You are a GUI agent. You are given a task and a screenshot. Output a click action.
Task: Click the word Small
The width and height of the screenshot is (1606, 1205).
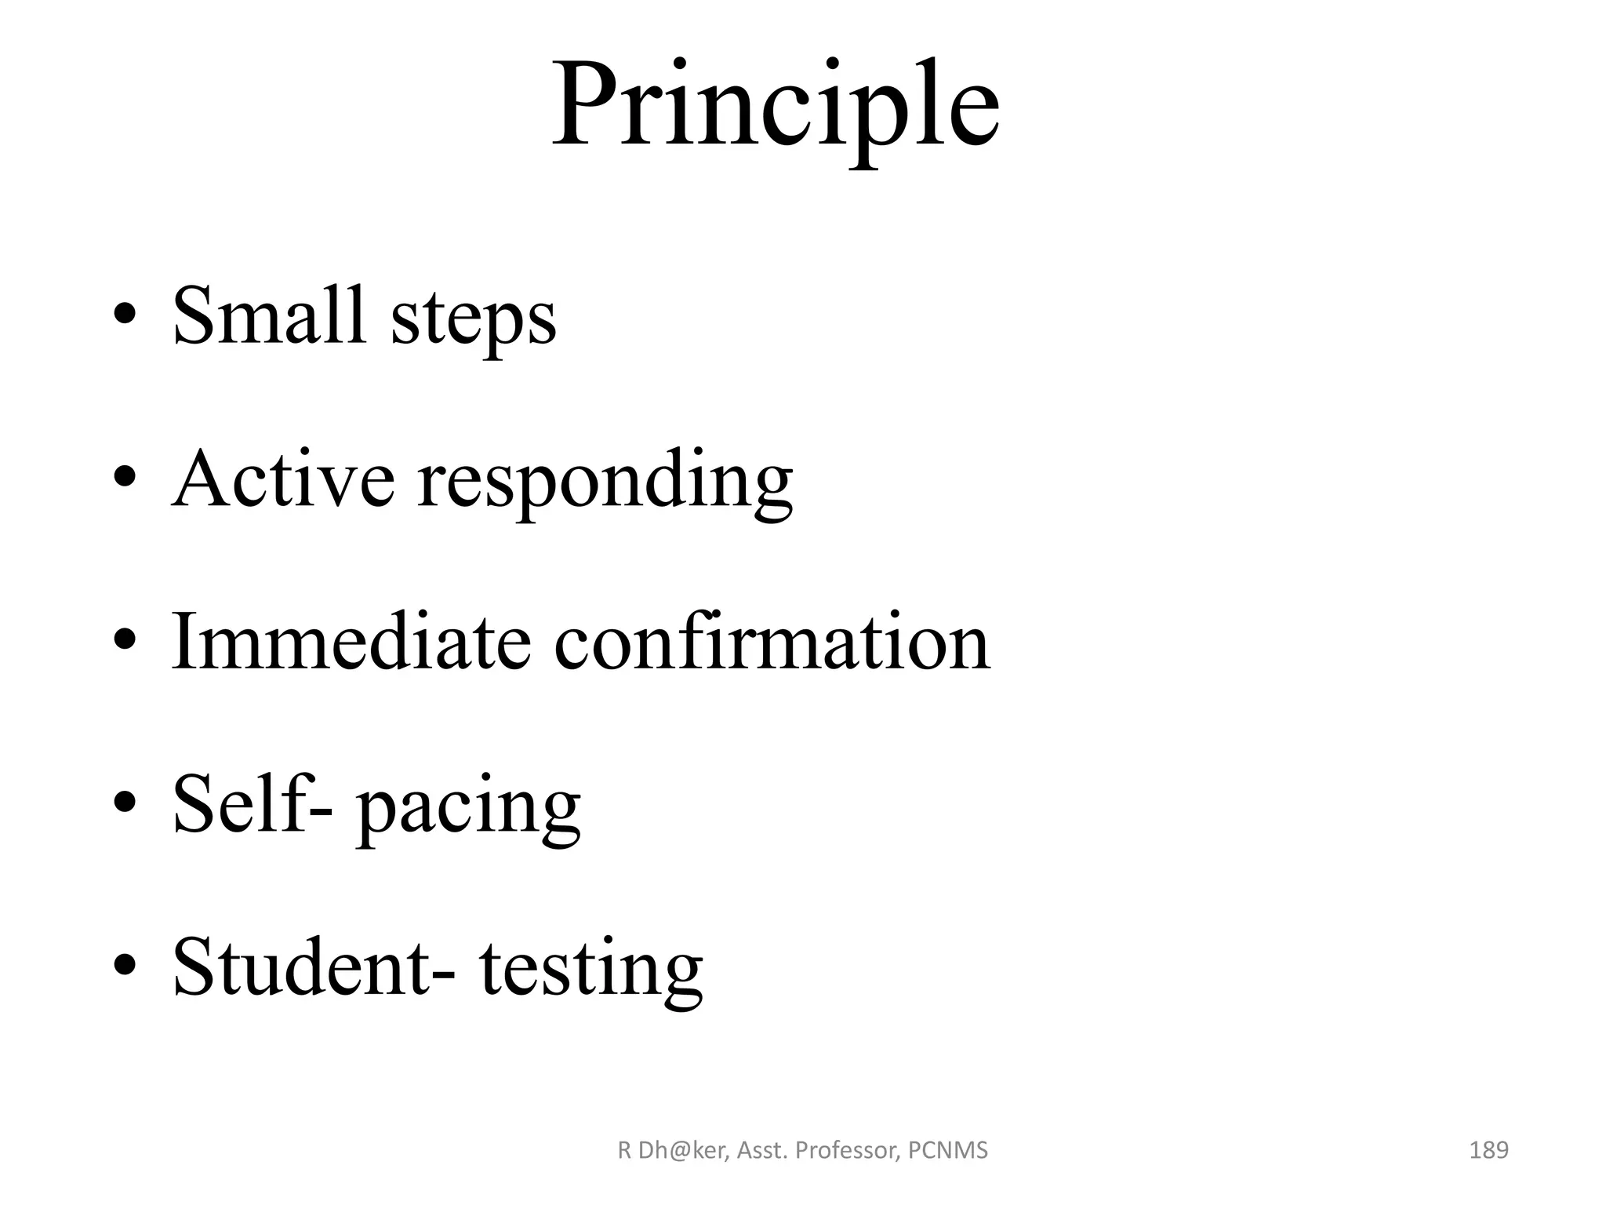pyautogui.click(x=269, y=315)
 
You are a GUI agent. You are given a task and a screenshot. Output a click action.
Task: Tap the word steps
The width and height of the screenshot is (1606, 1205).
pyautogui.click(x=474, y=319)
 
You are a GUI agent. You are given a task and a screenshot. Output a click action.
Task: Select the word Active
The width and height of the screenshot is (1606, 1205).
pyautogui.click(x=283, y=479)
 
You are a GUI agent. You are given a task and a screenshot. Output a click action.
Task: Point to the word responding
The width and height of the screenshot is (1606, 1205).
pyautogui.click(x=605, y=482)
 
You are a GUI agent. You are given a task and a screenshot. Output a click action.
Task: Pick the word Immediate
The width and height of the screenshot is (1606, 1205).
pyautogui.click(x=351, y=642)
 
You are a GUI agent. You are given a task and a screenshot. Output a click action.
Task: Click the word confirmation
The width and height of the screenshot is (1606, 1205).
pyautogui.click(x=772, y=642)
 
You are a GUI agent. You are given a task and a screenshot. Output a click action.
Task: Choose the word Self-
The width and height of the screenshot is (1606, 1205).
pyautogui.click(x=252, y=803)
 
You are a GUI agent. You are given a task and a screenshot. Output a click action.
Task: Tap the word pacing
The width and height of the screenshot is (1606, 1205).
pyautogui.click(x=469, y=808)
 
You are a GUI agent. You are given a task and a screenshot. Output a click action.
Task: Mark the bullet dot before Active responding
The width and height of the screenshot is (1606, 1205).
pyautogui.click(x=125, y=479)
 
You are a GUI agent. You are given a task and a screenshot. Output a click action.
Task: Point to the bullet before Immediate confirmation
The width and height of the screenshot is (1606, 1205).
pyautogui.click(x=125, y=642)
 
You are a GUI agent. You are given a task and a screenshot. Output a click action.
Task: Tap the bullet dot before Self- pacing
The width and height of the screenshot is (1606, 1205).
pyautogui.click(x=125, y=805)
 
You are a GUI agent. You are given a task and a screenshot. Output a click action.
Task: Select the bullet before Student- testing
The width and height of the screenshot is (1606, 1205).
pyautogui.click(x=125, y=967)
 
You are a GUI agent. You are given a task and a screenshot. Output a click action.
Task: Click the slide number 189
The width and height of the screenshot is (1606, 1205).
pyautogui.click(x=1488, y=1151)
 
